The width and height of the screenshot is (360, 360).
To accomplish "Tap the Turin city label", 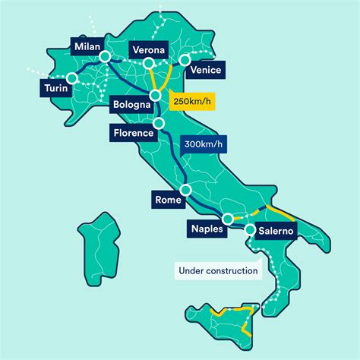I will [54, 89].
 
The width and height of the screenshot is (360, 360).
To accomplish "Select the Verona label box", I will [149, 49].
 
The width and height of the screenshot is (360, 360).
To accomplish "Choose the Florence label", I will [134, 134].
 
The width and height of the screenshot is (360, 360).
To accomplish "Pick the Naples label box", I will [207, 228].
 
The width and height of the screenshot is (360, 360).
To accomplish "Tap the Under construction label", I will [217, 270].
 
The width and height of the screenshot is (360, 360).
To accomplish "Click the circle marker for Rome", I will [185, 190].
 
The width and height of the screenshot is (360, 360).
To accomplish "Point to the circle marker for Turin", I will [72, 77].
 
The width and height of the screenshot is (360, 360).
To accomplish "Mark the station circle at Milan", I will [106, 57].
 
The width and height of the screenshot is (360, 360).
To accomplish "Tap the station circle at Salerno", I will [250, 227].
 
